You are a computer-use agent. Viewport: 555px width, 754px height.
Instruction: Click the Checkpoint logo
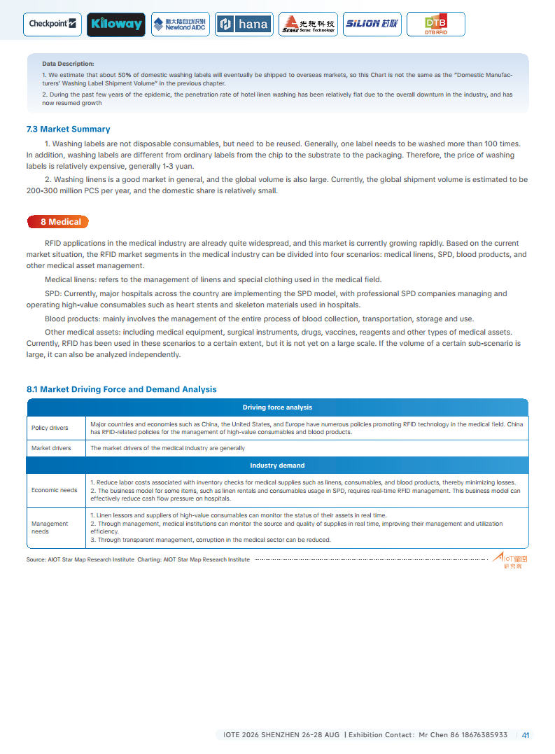[x=53, y=24]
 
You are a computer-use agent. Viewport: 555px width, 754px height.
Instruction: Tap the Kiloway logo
[x=116, y=24]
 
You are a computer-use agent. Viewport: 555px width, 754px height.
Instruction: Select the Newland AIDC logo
[x=180, y=24]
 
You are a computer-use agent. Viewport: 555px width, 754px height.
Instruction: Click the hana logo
[x=244, y=24]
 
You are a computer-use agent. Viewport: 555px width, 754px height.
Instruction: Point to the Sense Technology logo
[x=308, y=25]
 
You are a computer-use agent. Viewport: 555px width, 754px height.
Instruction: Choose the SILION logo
[x=372, y=24]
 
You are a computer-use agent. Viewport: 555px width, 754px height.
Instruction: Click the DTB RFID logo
[x=435, y=25]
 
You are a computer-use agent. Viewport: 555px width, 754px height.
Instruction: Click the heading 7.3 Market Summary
[x=68, y=130]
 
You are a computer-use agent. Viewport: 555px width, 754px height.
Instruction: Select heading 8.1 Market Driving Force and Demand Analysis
[x=121, y=389]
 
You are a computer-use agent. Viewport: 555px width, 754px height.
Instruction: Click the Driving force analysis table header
[x=277, y=407]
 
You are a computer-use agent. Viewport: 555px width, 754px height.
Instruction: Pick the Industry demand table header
[x=277, y=466]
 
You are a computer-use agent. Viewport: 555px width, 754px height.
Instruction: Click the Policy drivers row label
[x=50, y=428]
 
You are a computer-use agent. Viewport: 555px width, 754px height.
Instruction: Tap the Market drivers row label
[x=51, y=448]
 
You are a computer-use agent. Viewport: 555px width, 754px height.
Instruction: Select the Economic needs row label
[x=54, y=490]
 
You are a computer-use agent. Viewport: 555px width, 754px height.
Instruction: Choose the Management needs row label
[x=50, y=527]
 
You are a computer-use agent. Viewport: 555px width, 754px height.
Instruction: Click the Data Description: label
[x=68, y=64]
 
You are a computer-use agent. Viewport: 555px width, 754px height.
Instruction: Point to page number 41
[x=526, y=735]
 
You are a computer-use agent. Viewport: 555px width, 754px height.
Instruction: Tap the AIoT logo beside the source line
[x=510, y=559]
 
